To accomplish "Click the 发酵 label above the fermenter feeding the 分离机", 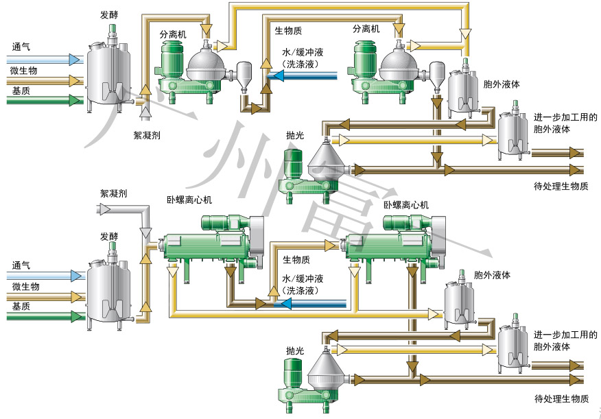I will pyautogui.click(x=108, y=13).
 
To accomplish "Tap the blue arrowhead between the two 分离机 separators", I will pyautogui.click(x=273, y=75).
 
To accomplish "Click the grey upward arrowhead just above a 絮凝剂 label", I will pyautogui.click(x=145, y=112).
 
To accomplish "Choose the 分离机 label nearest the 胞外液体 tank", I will pyautogui.click(x=366, y=29).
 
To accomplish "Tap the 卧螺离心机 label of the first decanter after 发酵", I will pyautogui.click(x=189, y=200).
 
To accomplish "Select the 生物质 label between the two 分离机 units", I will pyautogui.click(x=289, y=30).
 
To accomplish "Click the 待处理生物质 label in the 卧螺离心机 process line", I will pyautogui.click(x=561, y=398).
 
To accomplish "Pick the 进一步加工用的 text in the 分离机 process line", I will pyautogui.click(x=565, y=117).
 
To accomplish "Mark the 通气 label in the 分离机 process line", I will pyautogui.click(x=21, y=47).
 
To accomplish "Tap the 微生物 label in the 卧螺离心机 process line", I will pyautogui.click(x=25, y=286).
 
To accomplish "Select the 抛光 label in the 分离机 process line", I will pyautogui.click(x=294, y=135).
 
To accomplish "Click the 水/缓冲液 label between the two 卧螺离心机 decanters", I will pyautogui.click(x=303, y=279).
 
